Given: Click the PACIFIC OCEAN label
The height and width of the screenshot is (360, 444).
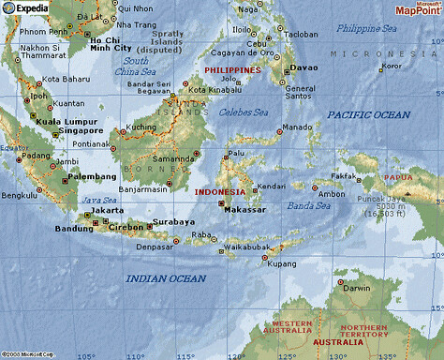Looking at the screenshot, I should (x=368, y=114).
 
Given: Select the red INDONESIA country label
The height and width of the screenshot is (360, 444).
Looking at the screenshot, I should (x=218, y=191).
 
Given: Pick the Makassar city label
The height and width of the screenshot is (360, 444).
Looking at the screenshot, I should (x=247, y=209).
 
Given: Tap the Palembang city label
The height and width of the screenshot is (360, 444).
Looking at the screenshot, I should (x=92, y=176).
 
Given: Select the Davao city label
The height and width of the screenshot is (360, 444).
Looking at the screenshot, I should (x=303, y=68).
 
